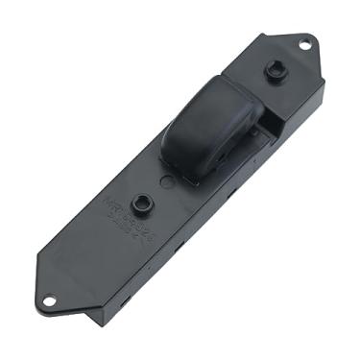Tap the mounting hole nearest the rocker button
pos(305,44)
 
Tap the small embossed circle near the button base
pos(169,180)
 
